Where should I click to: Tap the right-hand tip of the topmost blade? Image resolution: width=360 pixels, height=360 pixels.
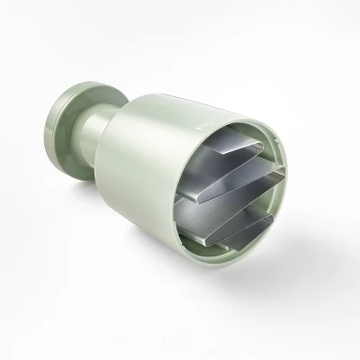coord(263,141)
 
